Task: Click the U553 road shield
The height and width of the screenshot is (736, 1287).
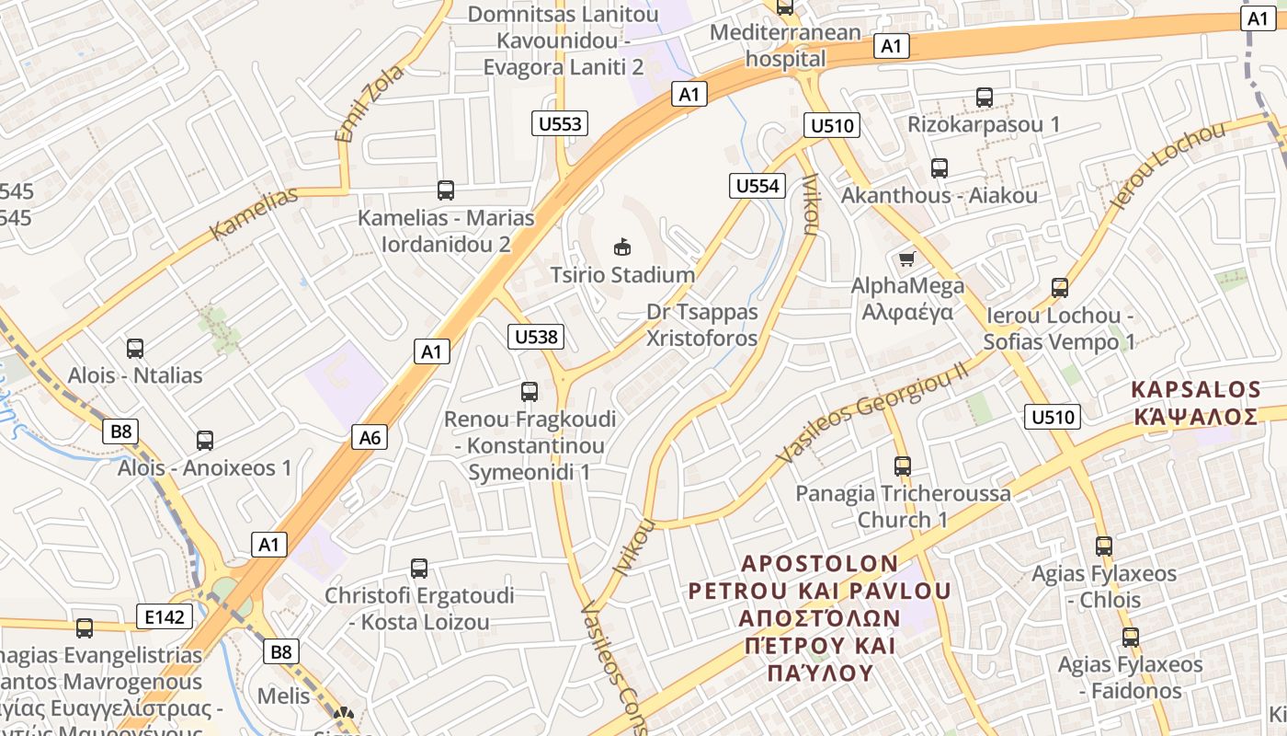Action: pyautogui.click(x=560, y=123)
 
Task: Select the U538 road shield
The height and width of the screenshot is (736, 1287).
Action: pyautogui.click(x=536, y=337)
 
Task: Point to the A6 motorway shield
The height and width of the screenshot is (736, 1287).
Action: pyautogui.click(x=370, y=437)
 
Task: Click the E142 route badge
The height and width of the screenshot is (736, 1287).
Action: pyautogui.click(x=165, y=616)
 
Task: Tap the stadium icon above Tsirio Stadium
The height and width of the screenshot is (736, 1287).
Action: pyautogui.click(x=622, y=247)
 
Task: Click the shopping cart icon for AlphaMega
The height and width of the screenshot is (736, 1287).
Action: pyautogui.click(x=907, y=259)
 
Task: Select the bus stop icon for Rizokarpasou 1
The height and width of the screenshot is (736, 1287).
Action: pyautogui.click(x=985, y=97)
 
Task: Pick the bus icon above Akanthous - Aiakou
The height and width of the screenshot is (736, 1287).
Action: pyautogui.click(x=939, y=168)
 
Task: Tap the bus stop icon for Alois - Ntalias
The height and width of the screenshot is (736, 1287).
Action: pyautogui.click(x=135, y=349)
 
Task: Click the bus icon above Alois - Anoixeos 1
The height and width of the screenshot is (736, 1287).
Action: pyautogui.click(x=204, y=441)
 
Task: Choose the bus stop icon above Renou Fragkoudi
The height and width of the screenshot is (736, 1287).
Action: pyautogui.click(x=530, y=392)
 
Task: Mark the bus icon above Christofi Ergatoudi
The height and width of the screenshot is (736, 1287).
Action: pyautogui.click(x=419, y=569)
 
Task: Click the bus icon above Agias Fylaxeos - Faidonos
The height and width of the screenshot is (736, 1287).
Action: pyautogui.click(x=1130, y=637)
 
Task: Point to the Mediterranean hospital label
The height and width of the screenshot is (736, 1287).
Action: pyautogui.click(x=786, y=46)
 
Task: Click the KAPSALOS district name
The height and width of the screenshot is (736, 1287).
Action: pyautogui.click(x=1195, y=388)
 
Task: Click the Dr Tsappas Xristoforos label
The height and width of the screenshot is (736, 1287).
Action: pyautogui.click(x=702, y=325)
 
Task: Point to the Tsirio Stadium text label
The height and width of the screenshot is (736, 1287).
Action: pyautogui.click(x=622, y=274)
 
